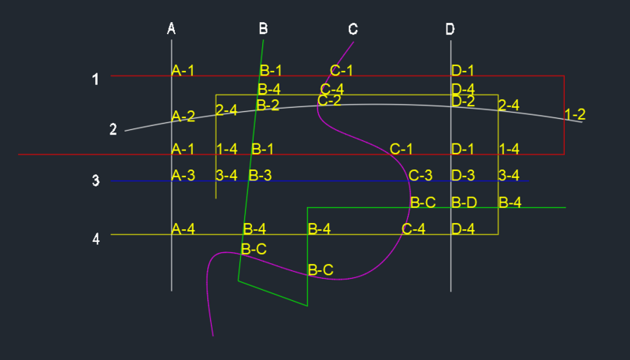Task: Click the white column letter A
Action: click(x=172, y=29)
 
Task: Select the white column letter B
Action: click(x=263, y=29)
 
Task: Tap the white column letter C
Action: click(x=353, y=29)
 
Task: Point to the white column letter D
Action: click(x=450, y=29)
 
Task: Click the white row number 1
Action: click(x=95, y=80)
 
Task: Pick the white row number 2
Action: click(x=113, y=130)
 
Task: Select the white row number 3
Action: click(x=95, y=181)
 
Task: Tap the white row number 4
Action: click(x=96, y=238)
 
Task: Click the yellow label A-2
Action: click(x=183, y=117)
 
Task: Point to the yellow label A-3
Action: click(x=183, y=175)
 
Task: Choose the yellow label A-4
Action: click(x=183, y=229)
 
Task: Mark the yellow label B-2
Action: click(x=268, y=105)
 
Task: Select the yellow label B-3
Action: click(x=260, y=175)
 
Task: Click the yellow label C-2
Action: click(x=329, y=100)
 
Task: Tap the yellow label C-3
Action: click(x=421, y=175)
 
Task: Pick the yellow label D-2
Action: click(x=463, y=100)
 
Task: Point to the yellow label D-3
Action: click(x=463, y=175)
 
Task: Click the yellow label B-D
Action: click(x=464, y=202)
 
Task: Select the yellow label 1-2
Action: click(x=575, y=114)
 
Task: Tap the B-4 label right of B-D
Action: click(x=510, y=202)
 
